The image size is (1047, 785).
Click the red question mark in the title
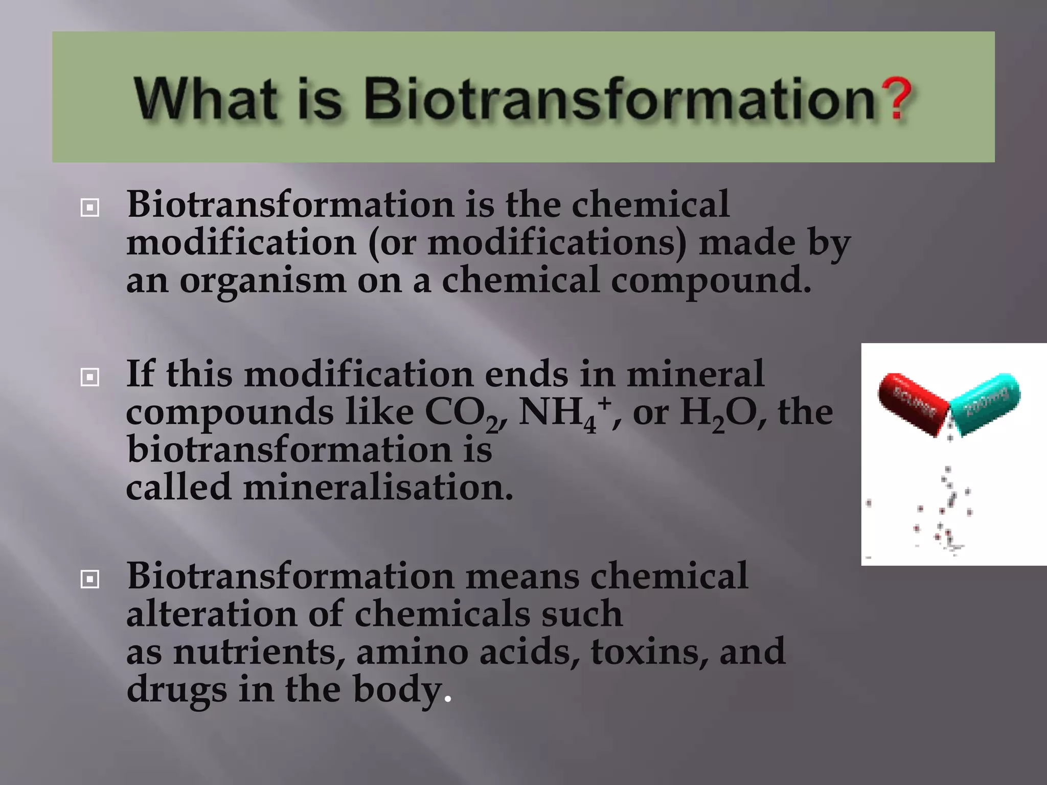[x=898, y=98]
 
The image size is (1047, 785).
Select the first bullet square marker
[x=90, y=208]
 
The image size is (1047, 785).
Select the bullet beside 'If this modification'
[x=90, y=378]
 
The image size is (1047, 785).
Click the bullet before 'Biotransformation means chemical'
[x=90, y=580]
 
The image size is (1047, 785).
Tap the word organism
[x=262, y=281]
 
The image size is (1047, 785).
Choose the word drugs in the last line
[x=176, y=690]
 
